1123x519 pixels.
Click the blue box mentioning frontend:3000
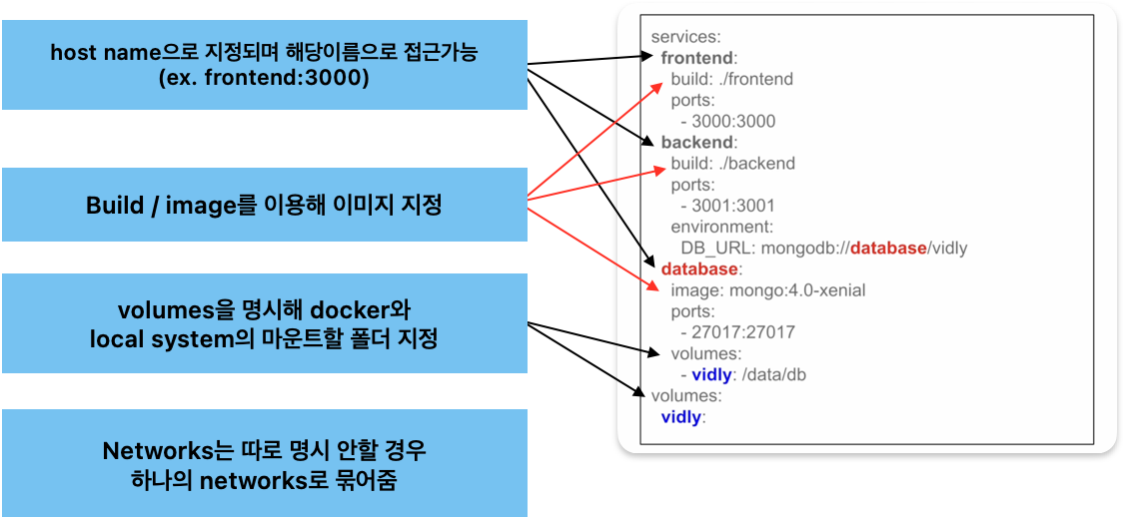pyautogui.click(x=264, y=64)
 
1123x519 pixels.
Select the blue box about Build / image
pyautogui.click(x=264, y=205)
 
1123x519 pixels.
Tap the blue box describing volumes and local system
pyautogui.click(x=264, y=323)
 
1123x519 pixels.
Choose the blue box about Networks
pyautogui.click(x=264, y=463)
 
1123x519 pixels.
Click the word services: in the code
pyautogui.click(x=684, y=37)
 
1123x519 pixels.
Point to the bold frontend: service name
pyautogui.click(x=699, y=58)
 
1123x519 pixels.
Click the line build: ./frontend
pyautogui.click(x=732, y=79)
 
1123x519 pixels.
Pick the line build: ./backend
pyautogui.click(x=732, y=163)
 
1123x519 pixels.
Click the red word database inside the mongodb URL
pyautogui.click(x=888, y=248)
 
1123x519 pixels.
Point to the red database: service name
pyautogui.click(x=699, y=269)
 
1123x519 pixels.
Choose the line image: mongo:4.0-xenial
pyautogui.click(x=767, y=290)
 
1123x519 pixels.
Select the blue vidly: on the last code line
pyautogui.click(x=683, y=417)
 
